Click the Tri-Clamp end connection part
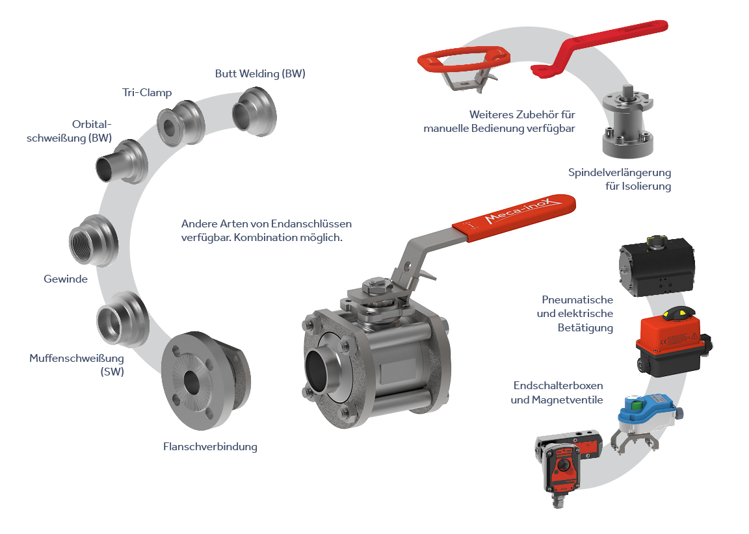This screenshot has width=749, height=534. [x=181, y=124]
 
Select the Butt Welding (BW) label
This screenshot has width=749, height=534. [x=260, y=73]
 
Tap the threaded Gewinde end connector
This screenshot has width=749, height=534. [x=93, y=240]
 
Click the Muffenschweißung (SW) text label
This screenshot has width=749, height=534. [x=77, y=364]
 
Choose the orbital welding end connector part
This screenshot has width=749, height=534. [x=122, y=162]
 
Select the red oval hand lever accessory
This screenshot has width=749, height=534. [x=464, y=61]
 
